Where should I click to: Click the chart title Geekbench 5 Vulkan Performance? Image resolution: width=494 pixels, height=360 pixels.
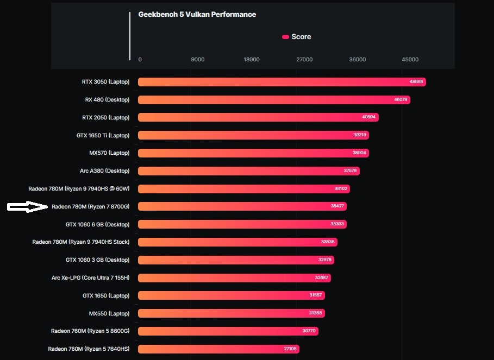tap(197, 15)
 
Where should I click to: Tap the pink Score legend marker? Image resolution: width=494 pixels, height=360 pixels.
tap(285, 37)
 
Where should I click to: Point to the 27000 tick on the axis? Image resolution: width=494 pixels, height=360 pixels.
tap(304, 60)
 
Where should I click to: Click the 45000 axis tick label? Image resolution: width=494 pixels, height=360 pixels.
tap(410, 60)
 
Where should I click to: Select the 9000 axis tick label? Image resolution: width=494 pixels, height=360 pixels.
tap(198, 60)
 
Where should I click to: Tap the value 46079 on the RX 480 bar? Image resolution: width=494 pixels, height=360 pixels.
tap(401, 100)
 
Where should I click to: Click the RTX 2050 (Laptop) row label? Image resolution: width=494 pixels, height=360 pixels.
tap(105, 118)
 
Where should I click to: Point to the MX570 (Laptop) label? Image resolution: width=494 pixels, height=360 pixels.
tap(109, 153)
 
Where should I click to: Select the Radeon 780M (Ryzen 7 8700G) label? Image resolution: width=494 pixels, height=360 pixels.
tap(90, 207)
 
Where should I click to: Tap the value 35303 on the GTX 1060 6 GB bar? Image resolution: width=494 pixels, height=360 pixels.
tap(337, 224)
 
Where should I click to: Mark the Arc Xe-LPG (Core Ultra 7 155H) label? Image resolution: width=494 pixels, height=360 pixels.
tap(90, 278)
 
